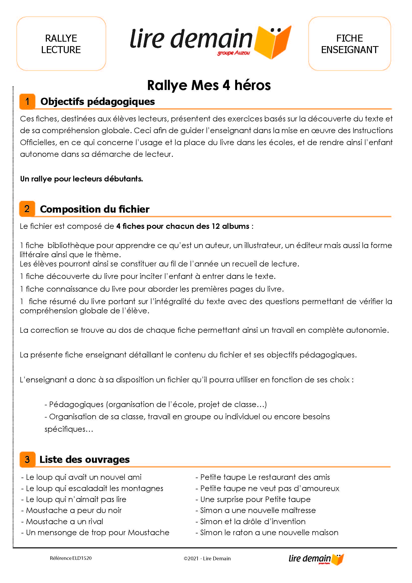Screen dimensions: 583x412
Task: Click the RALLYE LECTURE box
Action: [61, 44]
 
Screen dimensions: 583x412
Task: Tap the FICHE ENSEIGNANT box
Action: [349, 44]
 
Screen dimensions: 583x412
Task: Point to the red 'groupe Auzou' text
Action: [233, 53]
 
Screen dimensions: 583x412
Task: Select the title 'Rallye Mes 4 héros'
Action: [209, 85]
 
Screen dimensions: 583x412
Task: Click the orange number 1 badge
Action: [27, 101]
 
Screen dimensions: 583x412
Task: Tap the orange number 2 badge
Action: [27, 209]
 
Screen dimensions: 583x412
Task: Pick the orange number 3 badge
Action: [27, 459]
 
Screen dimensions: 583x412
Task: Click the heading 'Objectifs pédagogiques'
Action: [97, 101]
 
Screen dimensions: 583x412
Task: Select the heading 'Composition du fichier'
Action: [95, 209]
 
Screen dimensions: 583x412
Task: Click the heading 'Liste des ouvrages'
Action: [84, 459]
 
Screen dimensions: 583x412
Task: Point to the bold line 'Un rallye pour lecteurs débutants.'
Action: [81, 179]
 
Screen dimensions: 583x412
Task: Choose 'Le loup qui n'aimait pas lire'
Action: [76, 499]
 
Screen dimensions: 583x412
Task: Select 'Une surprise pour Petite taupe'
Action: [255, 499]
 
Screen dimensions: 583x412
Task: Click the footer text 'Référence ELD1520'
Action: [70, 558]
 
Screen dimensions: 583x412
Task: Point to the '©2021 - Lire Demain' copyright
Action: [207, 558]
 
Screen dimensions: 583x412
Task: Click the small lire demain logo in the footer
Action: [316, 559]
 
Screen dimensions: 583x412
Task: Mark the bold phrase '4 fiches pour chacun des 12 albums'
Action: [183, 226]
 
